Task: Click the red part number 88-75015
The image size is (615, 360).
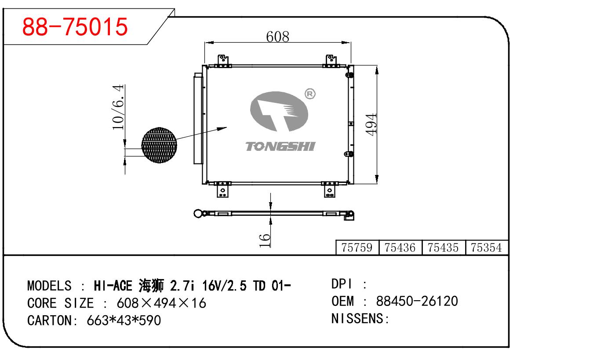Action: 75,27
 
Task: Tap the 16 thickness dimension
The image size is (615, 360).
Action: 265,240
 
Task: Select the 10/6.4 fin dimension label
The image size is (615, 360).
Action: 118,108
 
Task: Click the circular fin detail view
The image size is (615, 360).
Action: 159,145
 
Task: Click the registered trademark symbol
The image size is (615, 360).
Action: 309,94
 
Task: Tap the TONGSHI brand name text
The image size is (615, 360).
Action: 280,146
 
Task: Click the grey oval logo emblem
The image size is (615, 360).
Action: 279,113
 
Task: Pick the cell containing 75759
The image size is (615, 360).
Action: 357,248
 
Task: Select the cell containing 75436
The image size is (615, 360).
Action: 400,248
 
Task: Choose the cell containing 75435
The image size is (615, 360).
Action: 443,248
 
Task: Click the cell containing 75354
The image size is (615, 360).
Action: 486,248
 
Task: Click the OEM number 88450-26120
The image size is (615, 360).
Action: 417,302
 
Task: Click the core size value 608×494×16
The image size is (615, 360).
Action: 161,303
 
